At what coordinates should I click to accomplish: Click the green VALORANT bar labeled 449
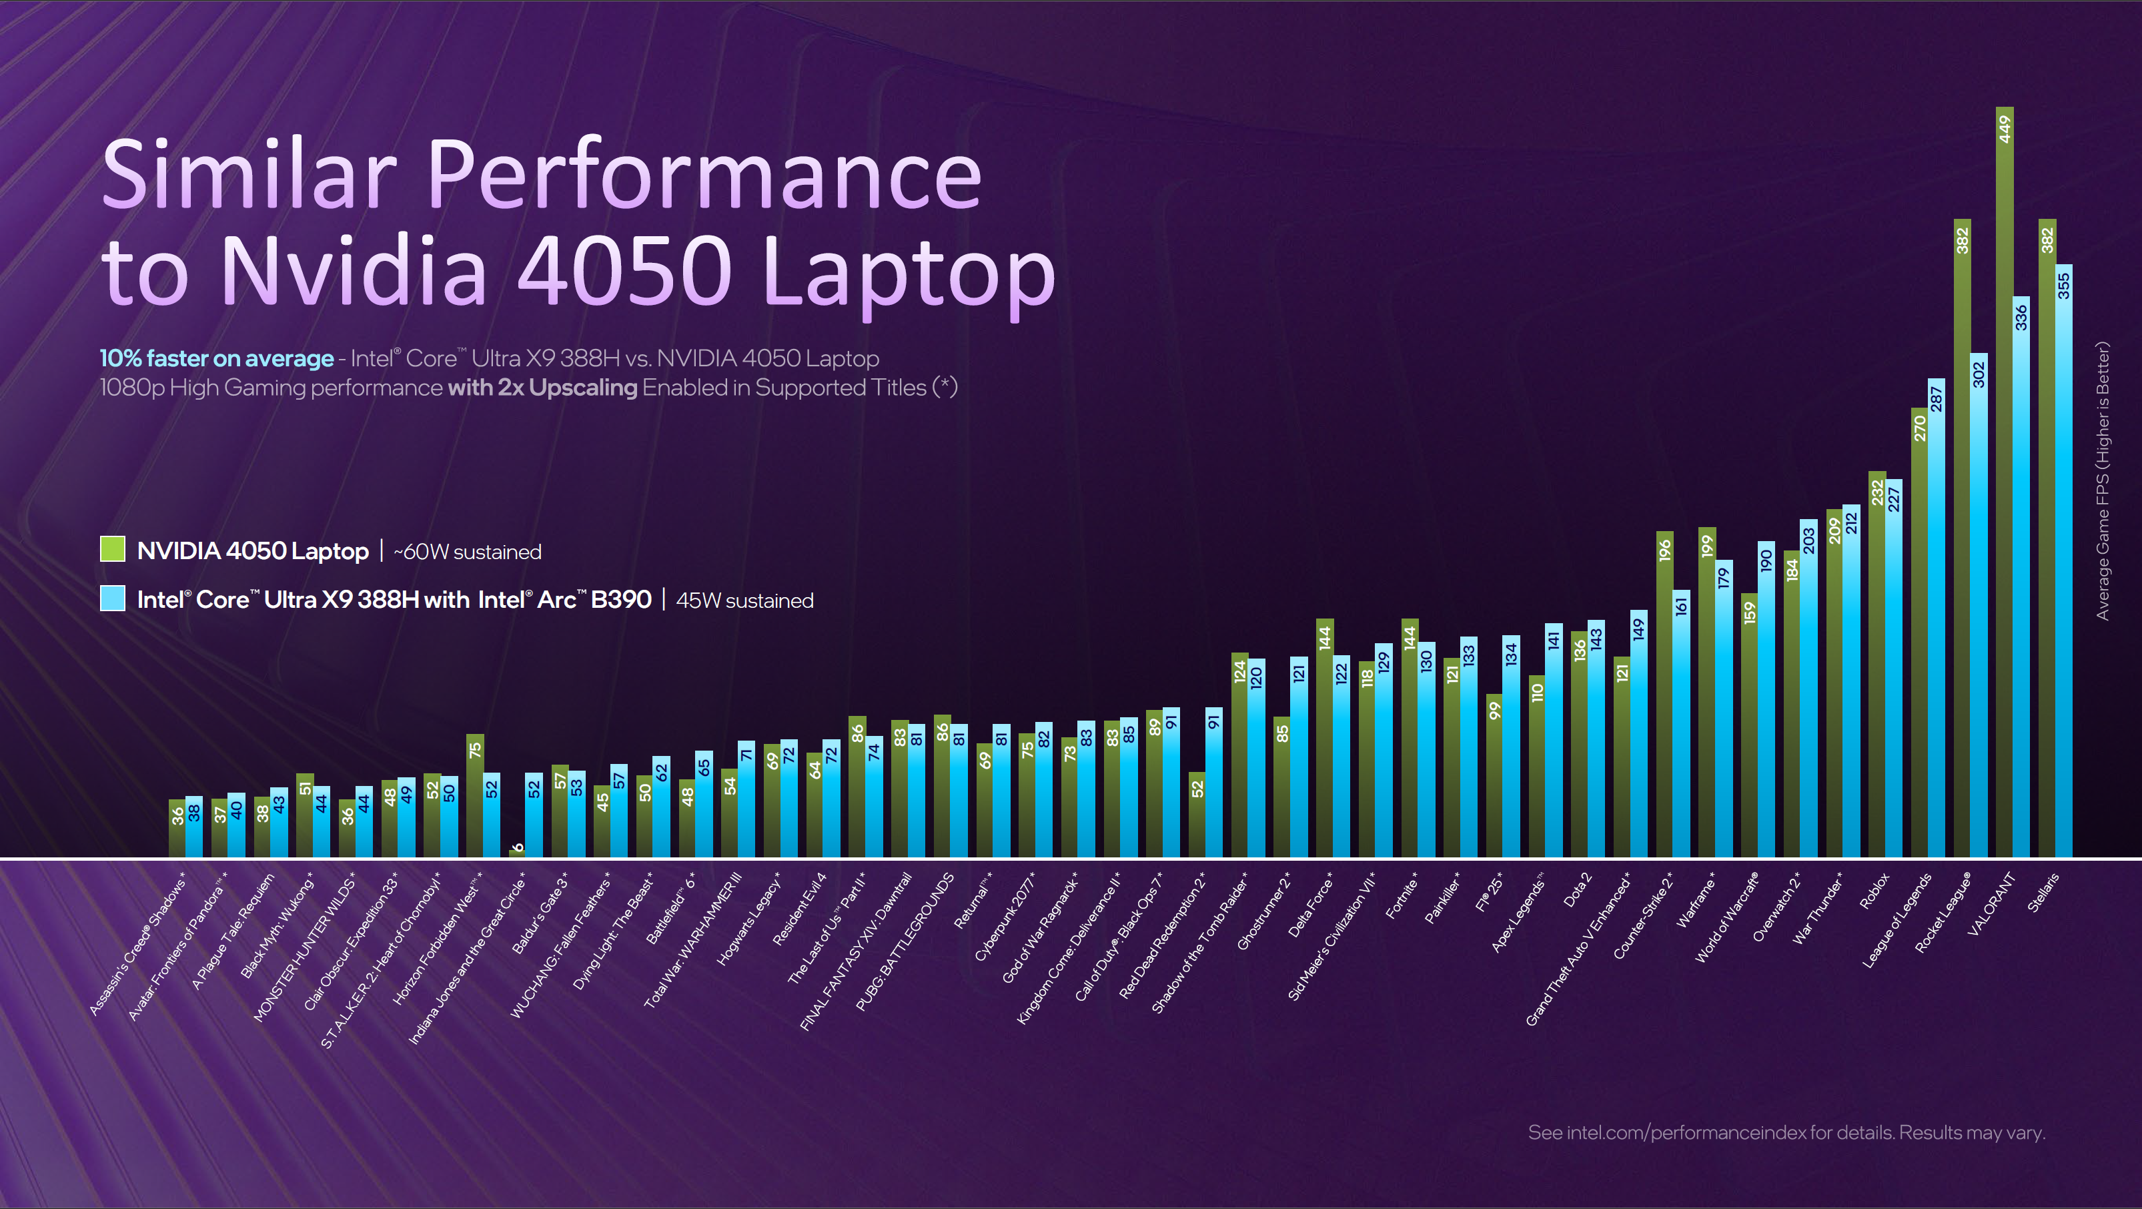point(2004,482)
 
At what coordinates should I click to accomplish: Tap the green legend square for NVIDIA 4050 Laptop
point(112,550)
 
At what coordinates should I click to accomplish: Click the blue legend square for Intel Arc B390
point(112,598)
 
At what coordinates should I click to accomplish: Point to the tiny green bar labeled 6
point(516,851)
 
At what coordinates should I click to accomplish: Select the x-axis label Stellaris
point(2043,892)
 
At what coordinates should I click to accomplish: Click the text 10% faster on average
point(216,358)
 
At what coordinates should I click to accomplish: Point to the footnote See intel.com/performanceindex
point(1785,1132)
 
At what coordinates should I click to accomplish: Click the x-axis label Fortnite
point(1402,898)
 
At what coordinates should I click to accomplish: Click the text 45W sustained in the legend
point(744,600)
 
